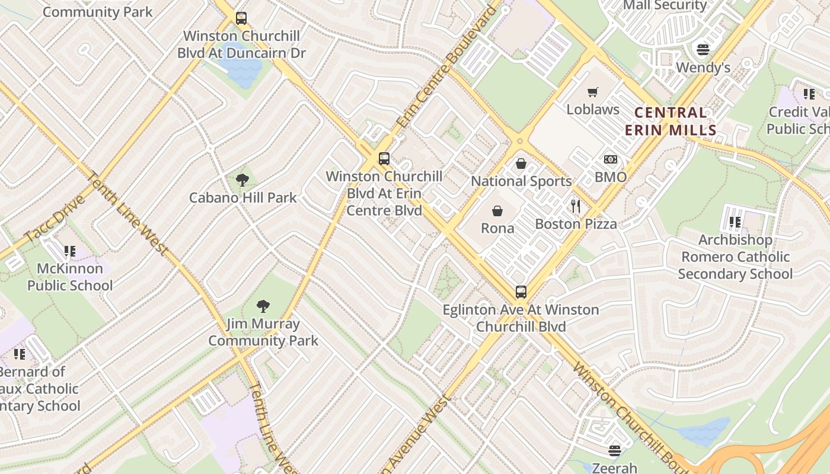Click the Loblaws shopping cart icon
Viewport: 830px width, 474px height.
(592, 92)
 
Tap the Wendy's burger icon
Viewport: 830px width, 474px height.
(703, 49)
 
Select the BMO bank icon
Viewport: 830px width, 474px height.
(611, 159)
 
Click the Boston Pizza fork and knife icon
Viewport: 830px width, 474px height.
(575, 206)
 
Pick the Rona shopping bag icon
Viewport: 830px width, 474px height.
(497, 211)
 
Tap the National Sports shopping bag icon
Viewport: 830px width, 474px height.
(521, 164)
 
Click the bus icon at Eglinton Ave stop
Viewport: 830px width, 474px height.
(521, 292)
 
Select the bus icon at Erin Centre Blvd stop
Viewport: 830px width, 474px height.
(384, 159)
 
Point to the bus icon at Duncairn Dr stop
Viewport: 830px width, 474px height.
(241, 18)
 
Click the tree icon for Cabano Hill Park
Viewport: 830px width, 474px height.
(242, 180)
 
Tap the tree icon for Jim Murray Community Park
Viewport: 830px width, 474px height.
(263, 306)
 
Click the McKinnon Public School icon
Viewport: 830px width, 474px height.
(70, 251)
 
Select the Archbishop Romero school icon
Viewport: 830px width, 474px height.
(735, 222)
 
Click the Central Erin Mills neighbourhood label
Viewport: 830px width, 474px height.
(675, 121)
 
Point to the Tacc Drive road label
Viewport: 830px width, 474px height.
(55, 218)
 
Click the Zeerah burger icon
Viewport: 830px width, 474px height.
(615, 450)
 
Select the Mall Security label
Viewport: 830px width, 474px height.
(665, 6)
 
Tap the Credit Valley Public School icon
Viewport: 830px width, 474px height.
(809, 94)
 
